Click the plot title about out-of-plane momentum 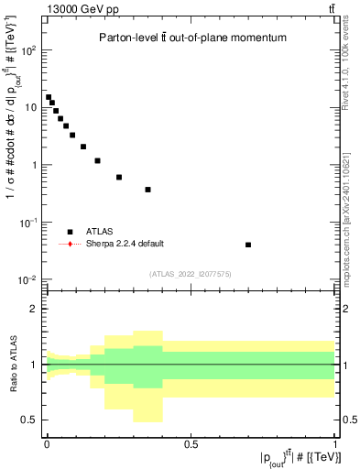[192, 38]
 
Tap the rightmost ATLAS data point [249, 245]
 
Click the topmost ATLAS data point [49, 97]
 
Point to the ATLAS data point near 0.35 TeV [147, 190]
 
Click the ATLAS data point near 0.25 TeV [119, 177]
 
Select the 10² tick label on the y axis [28, 50]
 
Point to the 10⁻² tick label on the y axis [28, 279]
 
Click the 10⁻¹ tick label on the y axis [28, 223]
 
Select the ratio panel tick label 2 [34, 309]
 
